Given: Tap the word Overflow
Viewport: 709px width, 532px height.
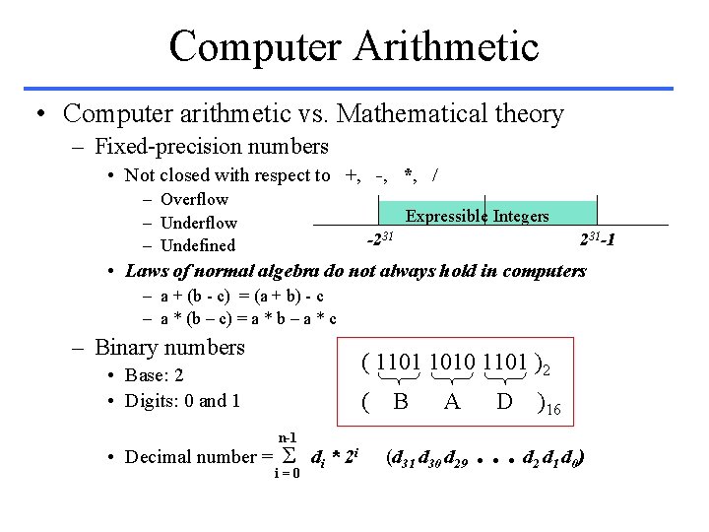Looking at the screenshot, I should coord(194,199).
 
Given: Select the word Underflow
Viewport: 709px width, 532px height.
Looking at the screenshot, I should coord(198,223).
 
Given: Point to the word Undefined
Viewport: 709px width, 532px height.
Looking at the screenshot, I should coord(197,245).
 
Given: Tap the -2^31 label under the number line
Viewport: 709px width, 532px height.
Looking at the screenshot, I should coord(380,238).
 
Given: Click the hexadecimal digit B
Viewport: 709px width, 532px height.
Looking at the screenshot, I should coord(401,401).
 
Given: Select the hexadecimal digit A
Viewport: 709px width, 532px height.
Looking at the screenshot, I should coord(452,401).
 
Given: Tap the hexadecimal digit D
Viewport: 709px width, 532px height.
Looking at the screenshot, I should coord(504,401).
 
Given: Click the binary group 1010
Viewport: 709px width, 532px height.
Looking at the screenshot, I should coord(449,363).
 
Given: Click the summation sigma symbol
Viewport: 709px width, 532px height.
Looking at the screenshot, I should coord(290,455).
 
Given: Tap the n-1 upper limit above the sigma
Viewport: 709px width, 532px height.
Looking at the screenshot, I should coord(288,436).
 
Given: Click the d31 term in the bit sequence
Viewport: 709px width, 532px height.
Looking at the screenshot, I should coord(399,457).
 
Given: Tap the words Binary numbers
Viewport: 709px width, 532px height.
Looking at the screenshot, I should coord(169,347).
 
